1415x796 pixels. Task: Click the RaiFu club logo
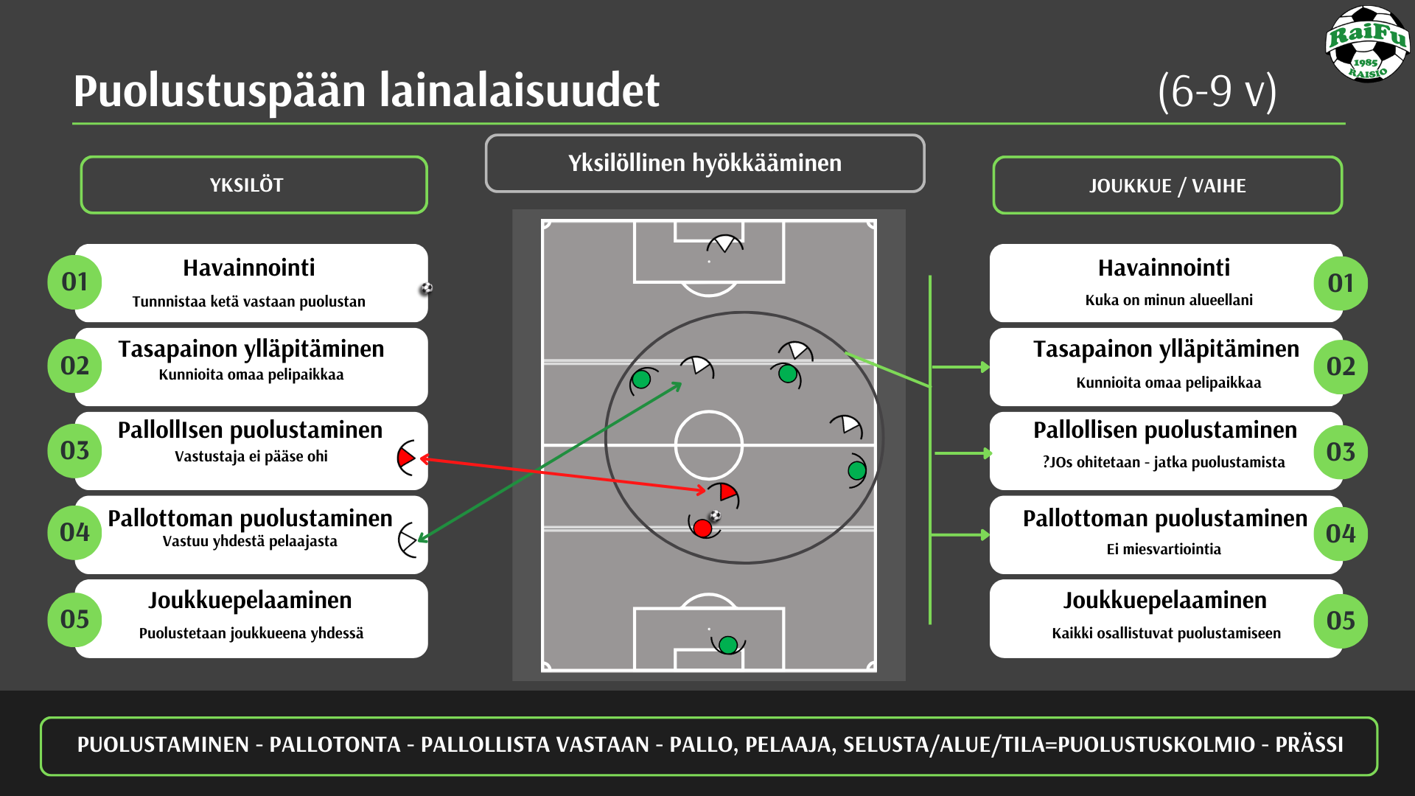tap(1368, 44)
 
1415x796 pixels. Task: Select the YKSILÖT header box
tap(254, 185)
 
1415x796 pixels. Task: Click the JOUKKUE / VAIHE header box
tap(1167, 185)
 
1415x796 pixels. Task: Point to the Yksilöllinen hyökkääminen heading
tap(705, 163)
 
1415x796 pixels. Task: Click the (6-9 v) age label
tap(1217, 91)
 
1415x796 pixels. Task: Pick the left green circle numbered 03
tap(74, 450)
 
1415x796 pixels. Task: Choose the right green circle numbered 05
tap(1341, 621)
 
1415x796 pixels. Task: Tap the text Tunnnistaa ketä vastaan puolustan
tap(249, 301)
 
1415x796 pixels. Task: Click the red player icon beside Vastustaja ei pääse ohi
tap(406, 458)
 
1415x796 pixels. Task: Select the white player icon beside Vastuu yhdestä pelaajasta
tap(408, 540)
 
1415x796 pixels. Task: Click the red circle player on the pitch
tap(702, 528)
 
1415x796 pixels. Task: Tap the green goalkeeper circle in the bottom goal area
tap(728, 645)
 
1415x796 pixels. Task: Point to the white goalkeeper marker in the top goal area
tap(725, 244)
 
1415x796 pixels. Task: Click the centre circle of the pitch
tap(709, 411)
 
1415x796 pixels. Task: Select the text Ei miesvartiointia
tap(1164, 549)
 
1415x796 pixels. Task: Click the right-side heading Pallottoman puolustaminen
tap(1165, 518)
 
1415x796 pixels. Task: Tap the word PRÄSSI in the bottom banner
tap(1309, 744)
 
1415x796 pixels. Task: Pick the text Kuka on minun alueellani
tap(1169, 300)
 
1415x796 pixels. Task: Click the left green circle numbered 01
tap(74, 282)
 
